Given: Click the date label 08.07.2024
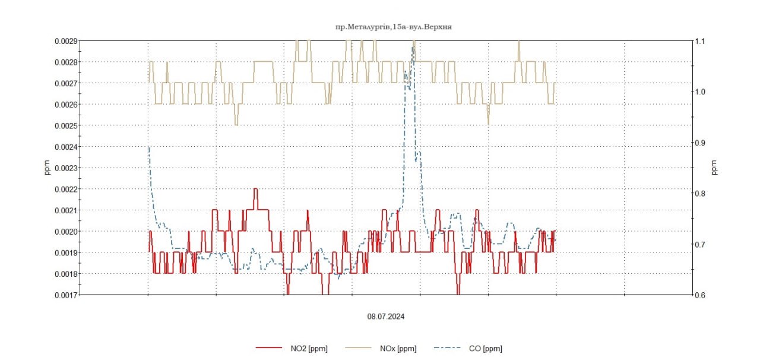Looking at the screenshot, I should pyautogui.click(x=385, y=317).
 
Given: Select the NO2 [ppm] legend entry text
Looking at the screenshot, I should pyautogui.click(x=309, y=349).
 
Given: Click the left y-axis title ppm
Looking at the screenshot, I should pyautogui.click(x=47, y=168).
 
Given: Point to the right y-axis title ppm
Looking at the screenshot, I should pyautogui.click(x=714, y=168).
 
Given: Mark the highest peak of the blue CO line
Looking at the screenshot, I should pyautogui.click(x=413, y=48).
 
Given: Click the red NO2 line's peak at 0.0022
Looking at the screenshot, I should pyautogui.click(x=256, y=190).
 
